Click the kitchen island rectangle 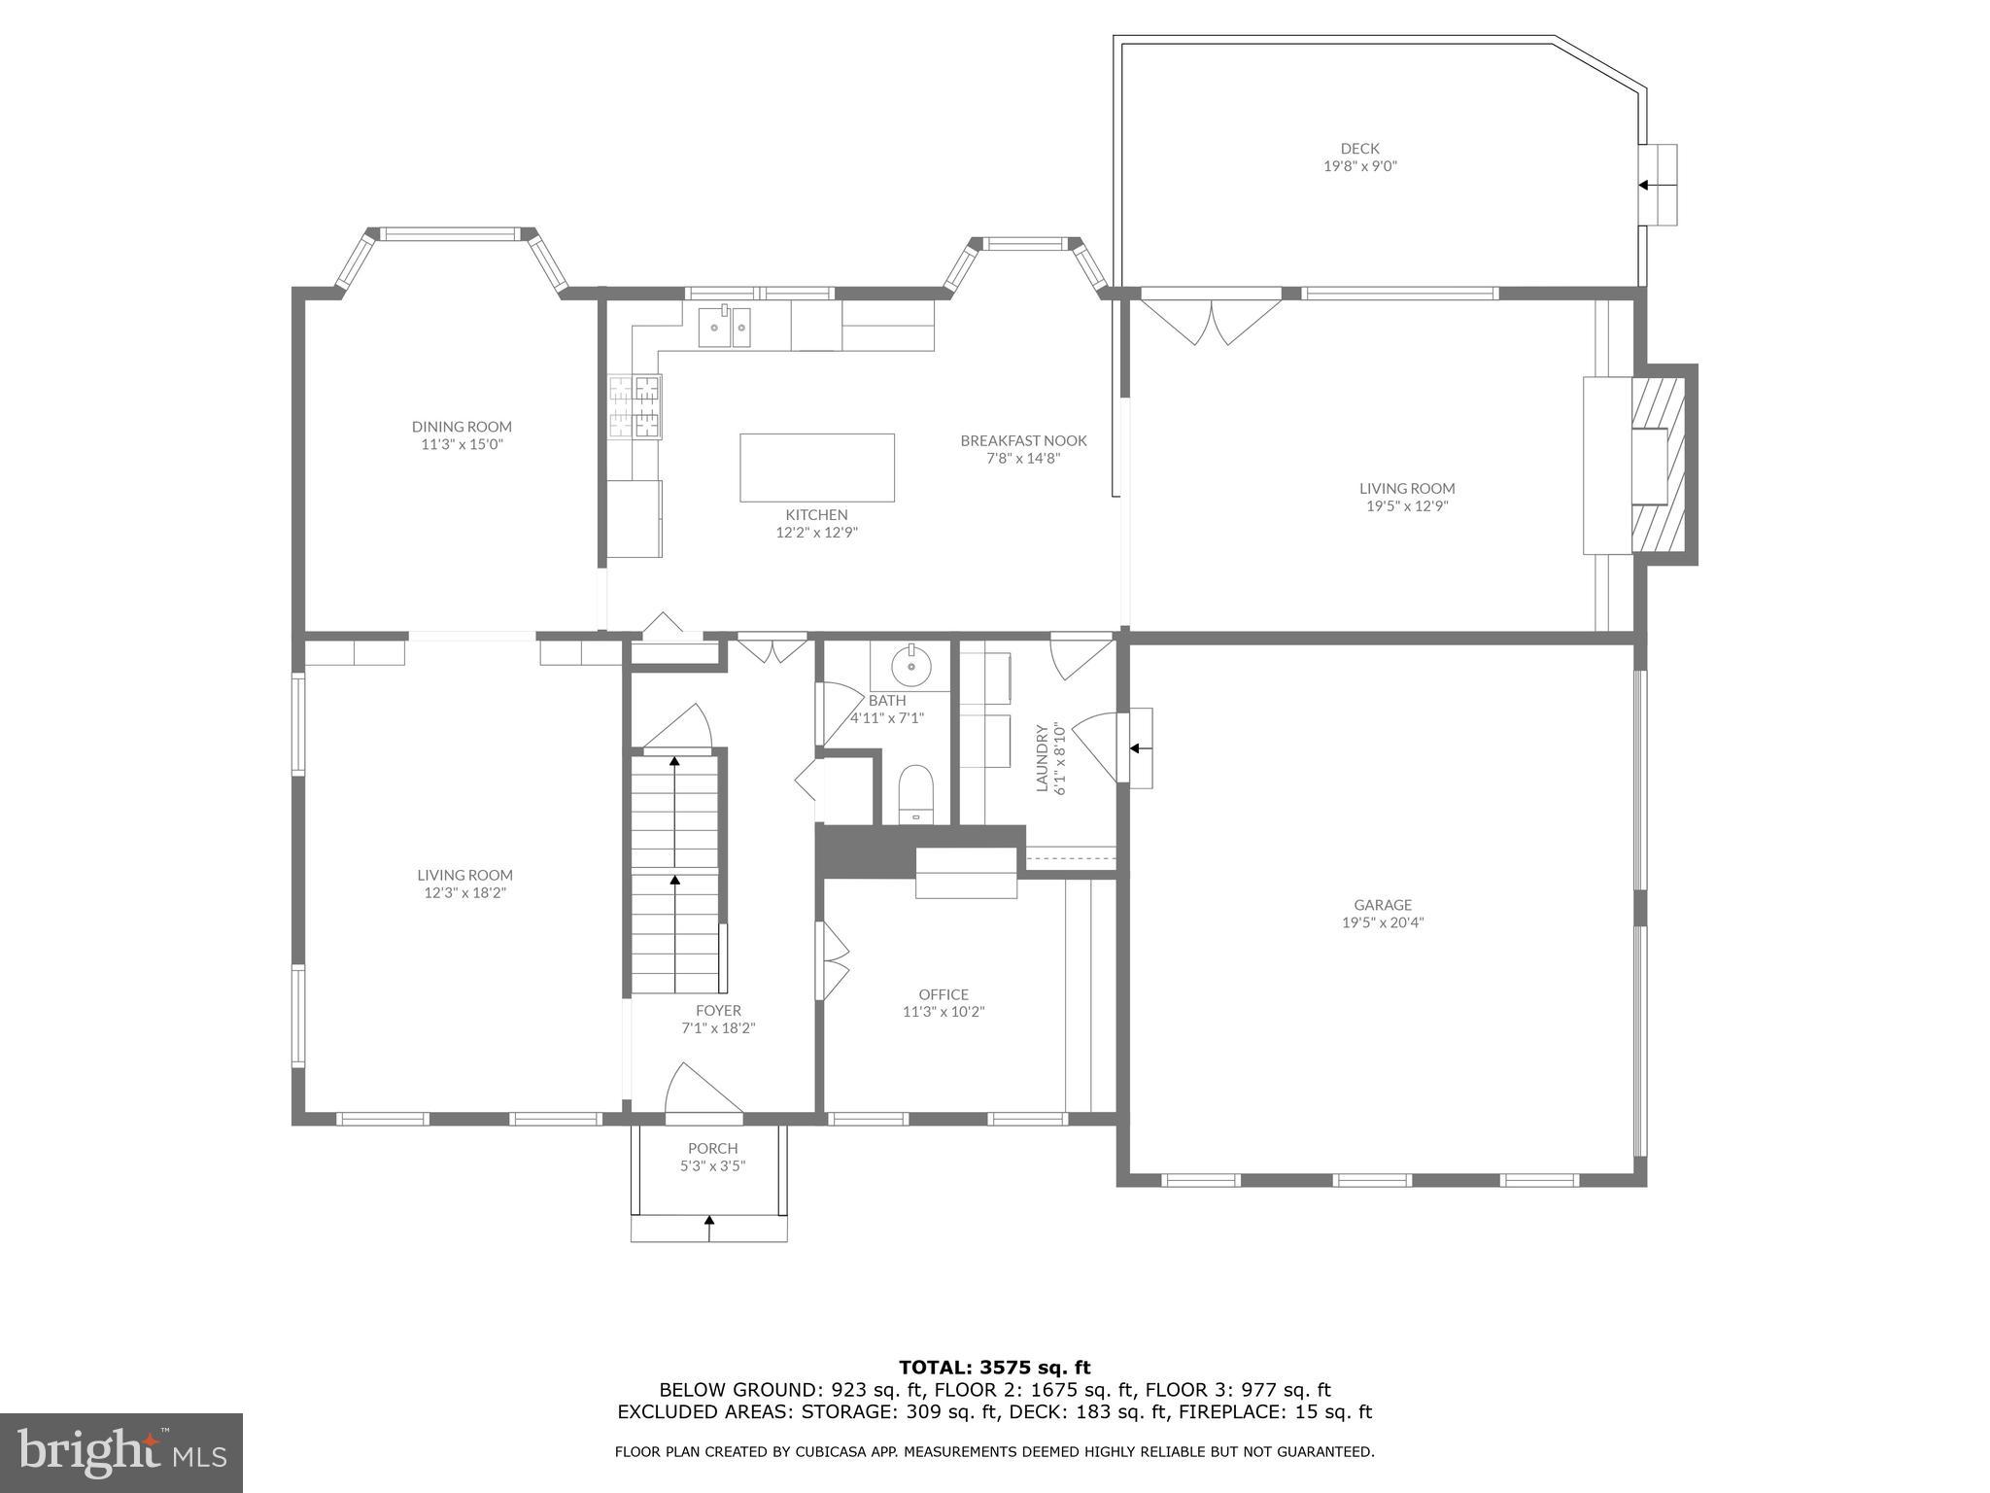[816, 468]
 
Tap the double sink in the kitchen [725, 327]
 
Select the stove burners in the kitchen [635, 406]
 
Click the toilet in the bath [915, 791]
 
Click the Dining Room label [462, 427]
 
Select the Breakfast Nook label [1023, 440]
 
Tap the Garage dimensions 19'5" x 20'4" [1383, 922]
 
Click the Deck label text [1359, 149]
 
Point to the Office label [944, 994]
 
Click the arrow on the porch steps [709, 1228]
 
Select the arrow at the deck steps [1644, 185]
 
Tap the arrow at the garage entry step [1136, 748]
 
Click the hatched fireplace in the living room [1659, 465]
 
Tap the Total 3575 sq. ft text [994, 1368]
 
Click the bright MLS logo [121, 1452]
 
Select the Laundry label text [1042, 757]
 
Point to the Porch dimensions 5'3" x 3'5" [712, 1166]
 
